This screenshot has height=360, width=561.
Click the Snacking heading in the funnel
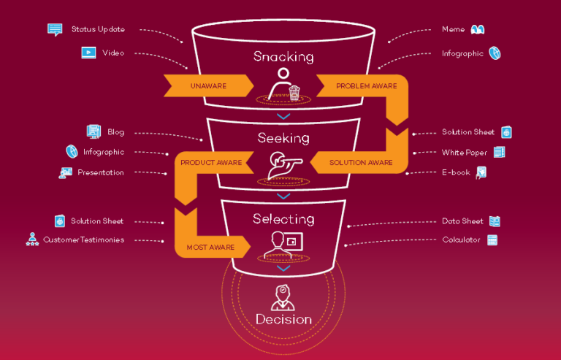(x=283, y=56)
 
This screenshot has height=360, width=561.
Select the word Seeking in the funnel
(x=283, y=137)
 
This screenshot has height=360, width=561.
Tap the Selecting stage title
(x=283, y=218)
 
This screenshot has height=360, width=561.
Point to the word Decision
(x=283, y=319)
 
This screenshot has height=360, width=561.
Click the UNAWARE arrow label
(x=208, y=86)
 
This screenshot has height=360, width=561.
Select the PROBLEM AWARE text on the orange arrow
(x=366, y=86)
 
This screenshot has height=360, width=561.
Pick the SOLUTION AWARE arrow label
(x=361, y=162)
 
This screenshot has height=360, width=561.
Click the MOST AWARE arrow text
(x=210, y=247)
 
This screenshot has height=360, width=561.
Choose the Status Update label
(x=98, y=29)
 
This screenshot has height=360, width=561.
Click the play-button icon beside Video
(x=88, y=53)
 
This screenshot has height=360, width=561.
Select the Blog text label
(x=115, y=132)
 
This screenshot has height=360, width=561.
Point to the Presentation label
(x=101, y=172)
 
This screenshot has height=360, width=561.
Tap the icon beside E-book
(x=481, y=172)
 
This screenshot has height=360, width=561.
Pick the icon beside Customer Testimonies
(x=32, y=240)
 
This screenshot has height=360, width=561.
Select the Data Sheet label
(x=462, y=221)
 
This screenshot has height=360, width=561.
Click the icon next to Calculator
(x=492, y=240)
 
